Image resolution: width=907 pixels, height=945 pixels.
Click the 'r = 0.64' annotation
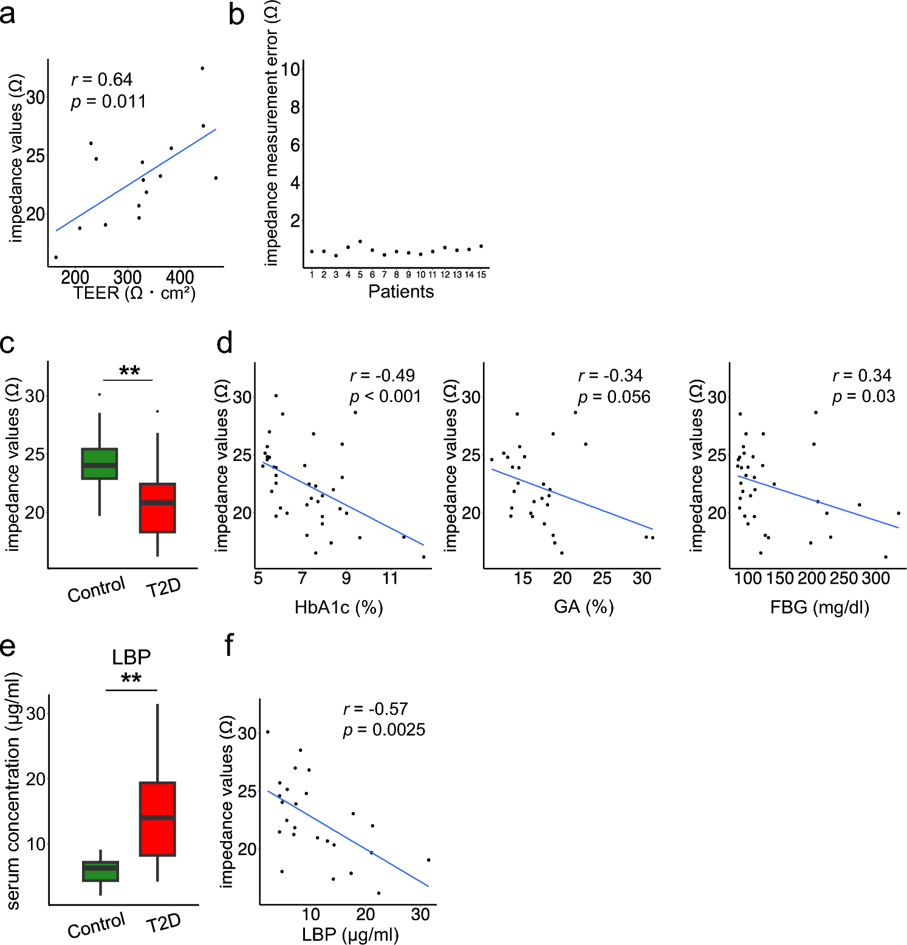101,80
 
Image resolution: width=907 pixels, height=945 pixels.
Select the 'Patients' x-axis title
401,292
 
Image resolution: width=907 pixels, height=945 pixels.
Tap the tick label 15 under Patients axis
481,275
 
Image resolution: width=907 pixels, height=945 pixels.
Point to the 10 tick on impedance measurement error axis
290,69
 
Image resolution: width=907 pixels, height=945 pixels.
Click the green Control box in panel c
100,464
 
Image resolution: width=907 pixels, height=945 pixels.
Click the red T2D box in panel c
157,508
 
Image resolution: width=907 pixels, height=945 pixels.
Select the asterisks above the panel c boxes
129,370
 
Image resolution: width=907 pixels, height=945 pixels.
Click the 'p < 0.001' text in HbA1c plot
385,397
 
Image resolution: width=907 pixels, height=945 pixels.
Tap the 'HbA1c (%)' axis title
338,607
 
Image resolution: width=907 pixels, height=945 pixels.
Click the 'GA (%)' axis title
583,607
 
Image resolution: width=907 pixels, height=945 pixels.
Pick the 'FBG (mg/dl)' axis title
820,607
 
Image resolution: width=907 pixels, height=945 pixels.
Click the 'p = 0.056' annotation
614,397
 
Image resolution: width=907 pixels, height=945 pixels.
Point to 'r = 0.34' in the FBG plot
861,376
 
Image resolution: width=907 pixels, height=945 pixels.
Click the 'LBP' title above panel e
131,657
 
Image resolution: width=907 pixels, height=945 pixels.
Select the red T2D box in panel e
157,819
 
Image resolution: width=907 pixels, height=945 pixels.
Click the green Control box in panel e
100,871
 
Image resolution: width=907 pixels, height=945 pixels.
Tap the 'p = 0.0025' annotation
384,730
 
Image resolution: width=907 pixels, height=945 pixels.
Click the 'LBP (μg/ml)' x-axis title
350,934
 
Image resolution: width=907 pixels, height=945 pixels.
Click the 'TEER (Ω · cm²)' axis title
134,293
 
